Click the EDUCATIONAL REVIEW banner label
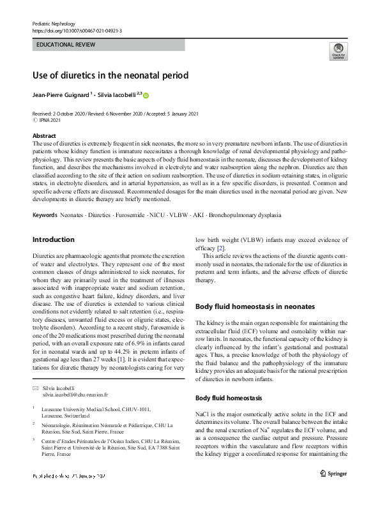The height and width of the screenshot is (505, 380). click(66, 45)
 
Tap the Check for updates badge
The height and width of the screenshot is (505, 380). click(338, 51)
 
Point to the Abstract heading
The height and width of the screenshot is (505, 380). click(44, 136)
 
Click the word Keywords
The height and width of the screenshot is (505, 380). click(44, 180)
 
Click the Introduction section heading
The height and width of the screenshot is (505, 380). click(53, 239)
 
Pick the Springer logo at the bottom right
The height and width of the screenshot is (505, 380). click(333, 474)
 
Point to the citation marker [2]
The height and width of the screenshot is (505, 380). click(220, 247)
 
